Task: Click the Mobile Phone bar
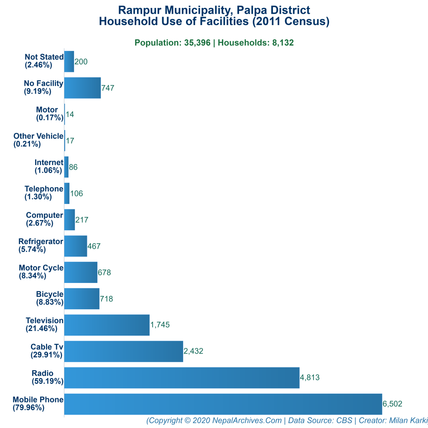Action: pyautogui.click(x=223, y=404)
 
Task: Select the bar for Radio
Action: pyautogui.click(x=182, y=378)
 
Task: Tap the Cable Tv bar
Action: pyautogui.click(x=124, y=351)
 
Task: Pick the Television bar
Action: pyautogui.click(x=107, y=325)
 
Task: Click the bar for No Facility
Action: pyautogui.click(x=82, y=88)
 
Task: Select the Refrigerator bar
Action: pyautogui.click(x=76, y=246)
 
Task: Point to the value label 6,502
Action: pyautogui.click(x=392, y=404)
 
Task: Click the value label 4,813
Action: pyautogui.click(x=310, y=377)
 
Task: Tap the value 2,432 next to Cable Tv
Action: pyautogui.click(x=194, y=351)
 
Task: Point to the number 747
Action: pyautogui.click(x=108, y=88)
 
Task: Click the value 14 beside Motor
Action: pyautogui.click(x=70, y=115)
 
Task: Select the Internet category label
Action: pyautogui.click(x=49, y=166)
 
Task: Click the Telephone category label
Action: pyautogui.click(x=44, y=193)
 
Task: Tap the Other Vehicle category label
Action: pyautogui.click(x=38, y=140)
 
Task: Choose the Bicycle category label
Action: pyautogui.click(x=50, y=298)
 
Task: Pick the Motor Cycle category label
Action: pyautogui.click(x=41, y=272)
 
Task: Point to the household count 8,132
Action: pyautogui.click(x=283, y=43)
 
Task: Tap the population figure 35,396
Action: pyautogui.click(x=197, y=43)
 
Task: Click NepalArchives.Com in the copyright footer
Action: pyautogui.click(x=247, y=420)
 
